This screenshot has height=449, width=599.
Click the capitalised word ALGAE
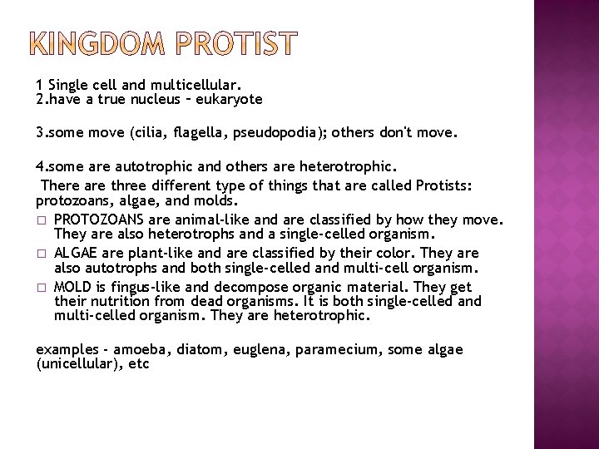coord(74,253)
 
